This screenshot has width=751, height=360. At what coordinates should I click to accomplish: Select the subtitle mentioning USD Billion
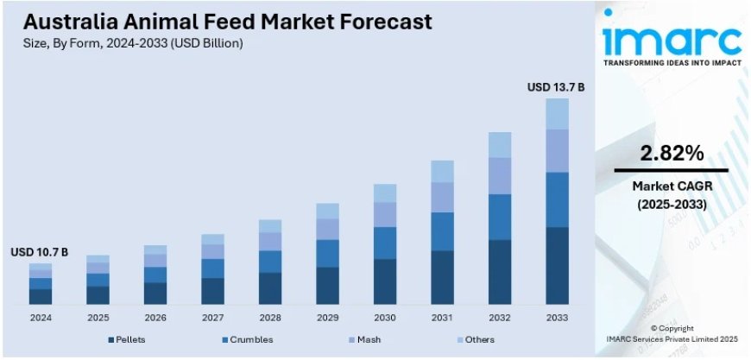(128, 42)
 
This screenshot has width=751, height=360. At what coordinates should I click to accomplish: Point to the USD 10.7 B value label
(40, 252)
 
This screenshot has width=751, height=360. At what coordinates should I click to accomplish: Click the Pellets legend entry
(129, 341)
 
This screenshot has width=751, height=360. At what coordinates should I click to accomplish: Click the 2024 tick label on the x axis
(41, 318)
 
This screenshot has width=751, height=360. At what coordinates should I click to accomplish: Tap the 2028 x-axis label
(270, 318)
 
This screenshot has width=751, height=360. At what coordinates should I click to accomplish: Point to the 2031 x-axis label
(442, 318)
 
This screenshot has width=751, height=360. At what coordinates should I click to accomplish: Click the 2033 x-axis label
(557, 318)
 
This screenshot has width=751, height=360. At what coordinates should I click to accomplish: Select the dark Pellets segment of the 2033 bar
(557, 265)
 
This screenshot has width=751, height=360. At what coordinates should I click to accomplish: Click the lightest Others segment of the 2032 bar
(500, 145)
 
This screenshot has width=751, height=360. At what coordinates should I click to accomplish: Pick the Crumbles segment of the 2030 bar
(385, 243)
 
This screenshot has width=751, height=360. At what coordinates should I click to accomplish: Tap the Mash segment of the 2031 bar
(442, 197)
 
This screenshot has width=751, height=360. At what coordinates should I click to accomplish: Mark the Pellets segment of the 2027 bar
(212, 291)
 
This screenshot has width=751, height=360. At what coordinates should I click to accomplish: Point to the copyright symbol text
(671, 328)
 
